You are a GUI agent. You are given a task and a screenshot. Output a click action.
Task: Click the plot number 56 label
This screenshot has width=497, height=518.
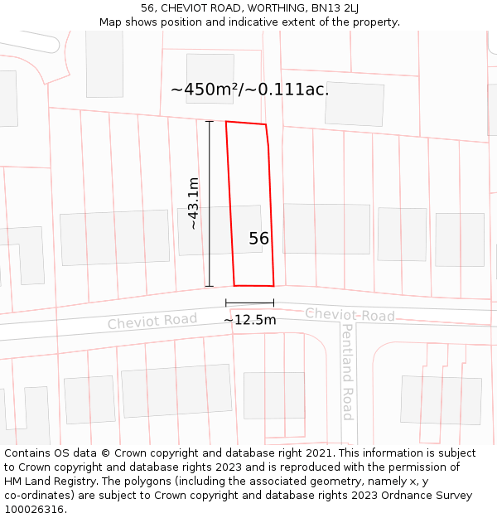click(x=258, y=239)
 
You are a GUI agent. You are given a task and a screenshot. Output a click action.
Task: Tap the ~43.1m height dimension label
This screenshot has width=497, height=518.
click(x=193, y=203)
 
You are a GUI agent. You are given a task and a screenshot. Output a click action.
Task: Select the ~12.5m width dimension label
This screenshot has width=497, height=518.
click(x=249, y=320)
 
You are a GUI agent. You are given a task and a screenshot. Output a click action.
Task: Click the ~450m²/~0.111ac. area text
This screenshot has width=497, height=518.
click(x=249, y=90)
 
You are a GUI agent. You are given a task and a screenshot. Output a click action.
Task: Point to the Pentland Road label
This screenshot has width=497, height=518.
click(x=348, y=371)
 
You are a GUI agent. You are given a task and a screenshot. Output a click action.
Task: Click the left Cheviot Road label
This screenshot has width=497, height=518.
click(x=152, y=321)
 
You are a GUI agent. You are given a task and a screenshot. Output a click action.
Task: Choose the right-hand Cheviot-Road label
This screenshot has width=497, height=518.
click(x=350, y=315)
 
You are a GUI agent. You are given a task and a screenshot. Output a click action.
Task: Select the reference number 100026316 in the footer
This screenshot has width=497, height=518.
click(x=36, y=510)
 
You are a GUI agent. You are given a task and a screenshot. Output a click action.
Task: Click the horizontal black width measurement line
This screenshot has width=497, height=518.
click(x=249, y=304)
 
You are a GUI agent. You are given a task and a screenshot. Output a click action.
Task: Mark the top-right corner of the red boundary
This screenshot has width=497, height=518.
click(x=265, y=125)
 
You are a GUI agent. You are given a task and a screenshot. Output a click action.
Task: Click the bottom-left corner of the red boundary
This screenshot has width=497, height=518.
click(x=234, y=286)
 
